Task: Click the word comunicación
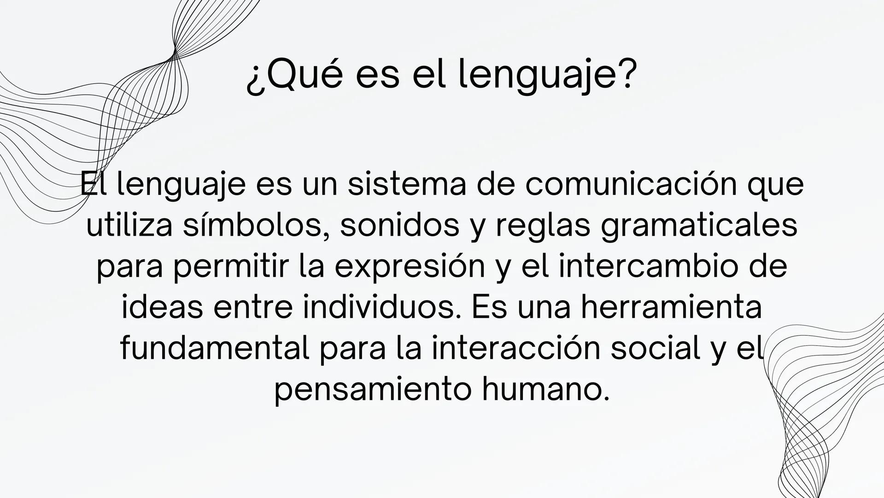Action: coord(629,184)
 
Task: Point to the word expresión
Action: coord(410,267)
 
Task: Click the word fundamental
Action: coord(214,349)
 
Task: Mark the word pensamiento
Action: coord(373,390)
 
